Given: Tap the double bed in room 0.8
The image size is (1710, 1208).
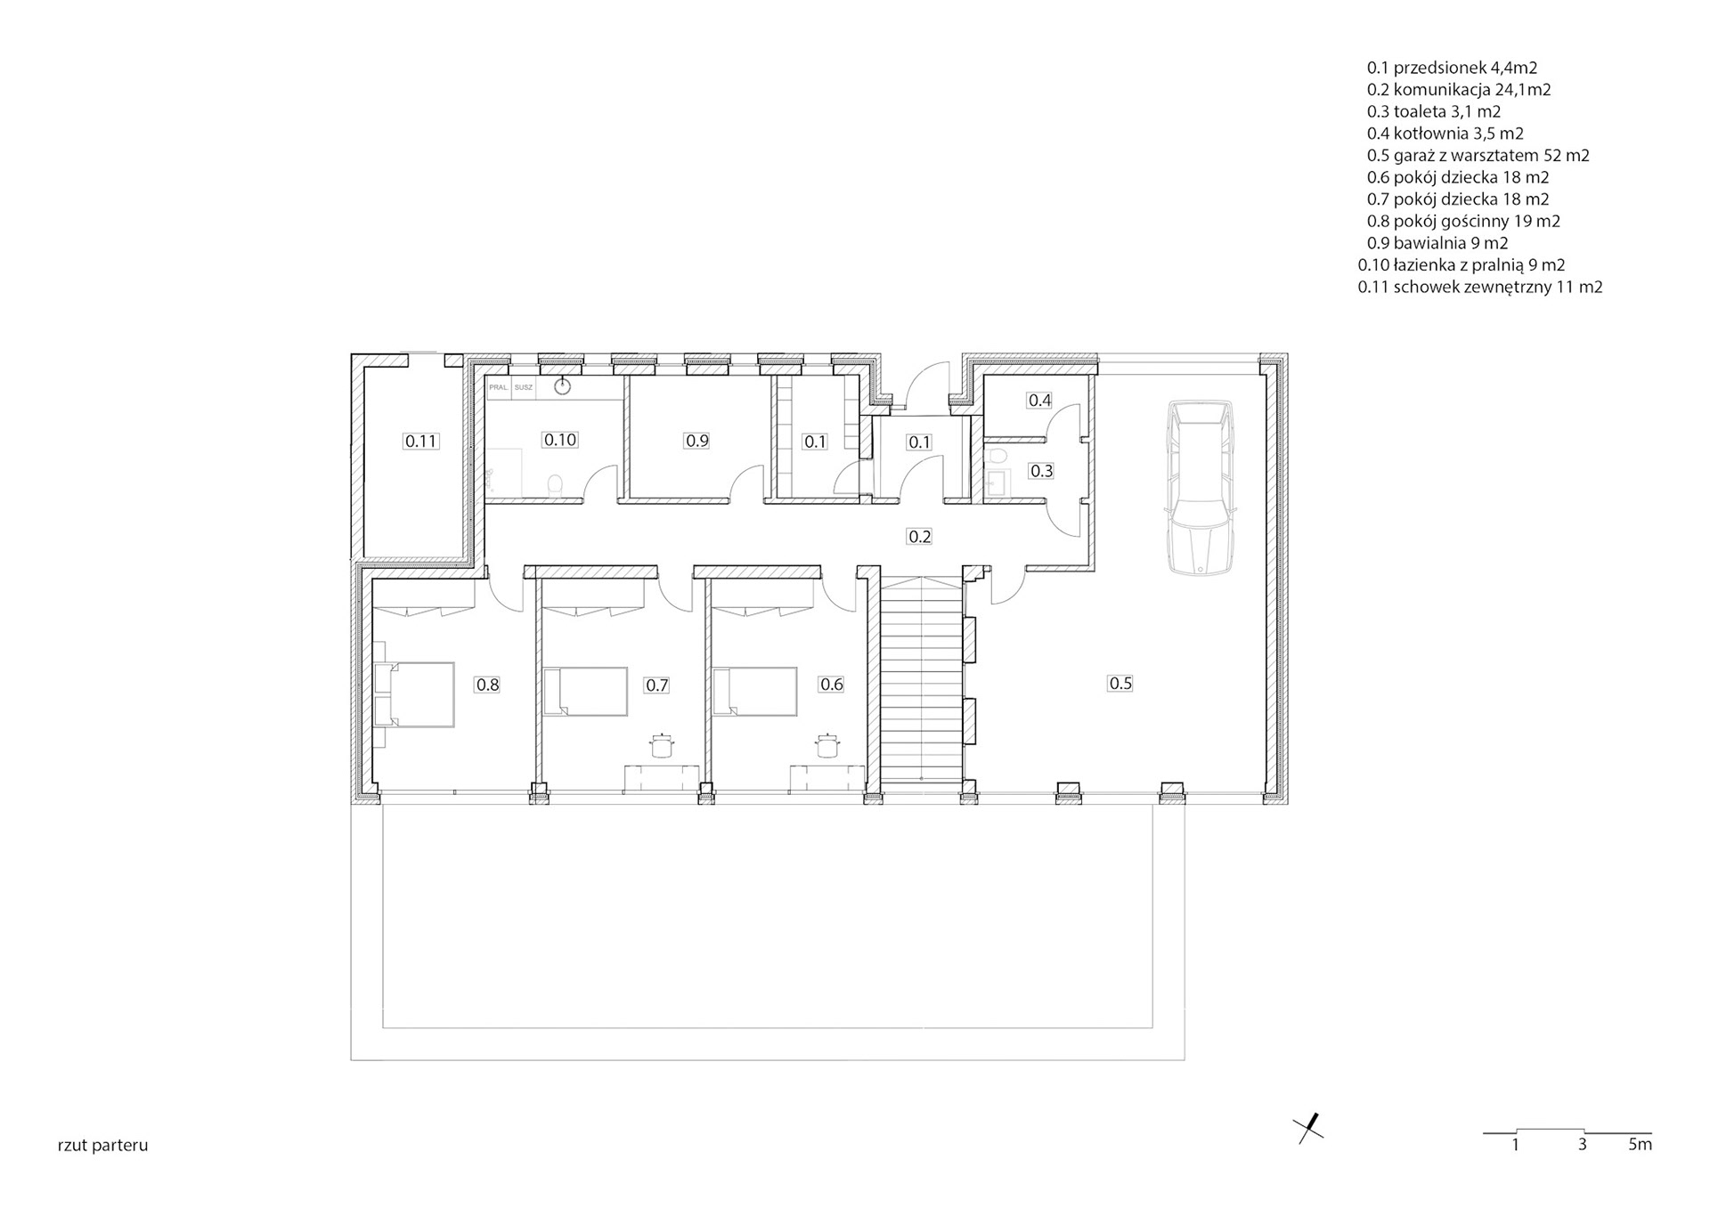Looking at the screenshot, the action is click(x=414, y=694).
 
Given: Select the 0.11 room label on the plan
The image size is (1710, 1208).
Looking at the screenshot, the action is click(x=421, y=441).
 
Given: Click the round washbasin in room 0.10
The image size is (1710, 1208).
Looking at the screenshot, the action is click(x=563, y=386).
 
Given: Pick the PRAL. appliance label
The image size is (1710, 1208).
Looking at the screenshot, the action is click(x=498, y=388).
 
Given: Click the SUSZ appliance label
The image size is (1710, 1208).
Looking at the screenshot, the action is click(x=524, y=388).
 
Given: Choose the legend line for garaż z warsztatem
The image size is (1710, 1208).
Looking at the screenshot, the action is click(x=1478, y=155).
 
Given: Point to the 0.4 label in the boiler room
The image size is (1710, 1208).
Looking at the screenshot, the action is click(x=1039, y=401).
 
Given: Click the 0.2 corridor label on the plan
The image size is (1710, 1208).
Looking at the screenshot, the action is click(x=919, y=536).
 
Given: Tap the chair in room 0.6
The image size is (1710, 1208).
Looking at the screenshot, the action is click(x=828, y=744).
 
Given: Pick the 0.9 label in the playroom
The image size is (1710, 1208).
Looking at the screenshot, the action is click(x=696, y=441).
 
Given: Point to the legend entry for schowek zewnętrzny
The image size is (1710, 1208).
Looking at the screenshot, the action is click(x=1480, y=287).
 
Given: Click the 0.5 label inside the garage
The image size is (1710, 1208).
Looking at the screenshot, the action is click(x=1120, y=683).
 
